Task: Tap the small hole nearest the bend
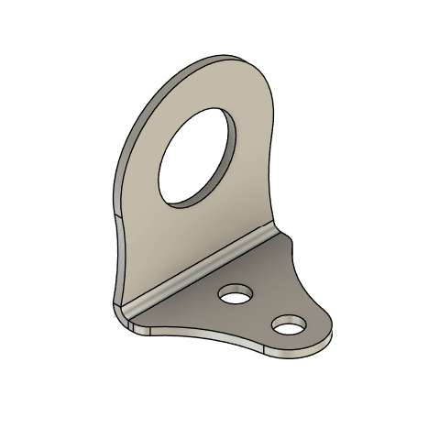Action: point(236,294)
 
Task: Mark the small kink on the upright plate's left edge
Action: point(120,218)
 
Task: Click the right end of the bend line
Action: point(280,234)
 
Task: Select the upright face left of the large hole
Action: point(142,183)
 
